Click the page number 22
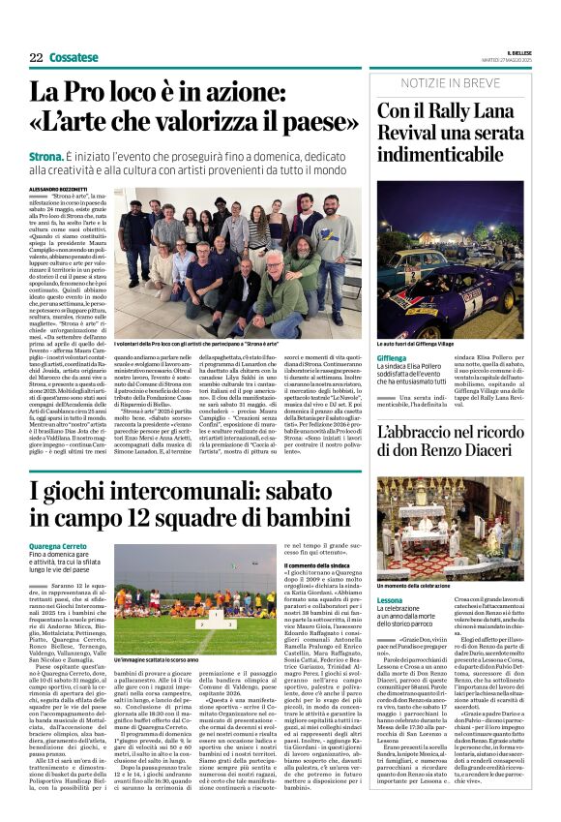(36, 58)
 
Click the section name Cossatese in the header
(74, 58)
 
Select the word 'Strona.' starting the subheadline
(46, 155)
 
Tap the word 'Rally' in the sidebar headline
(448, 111)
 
